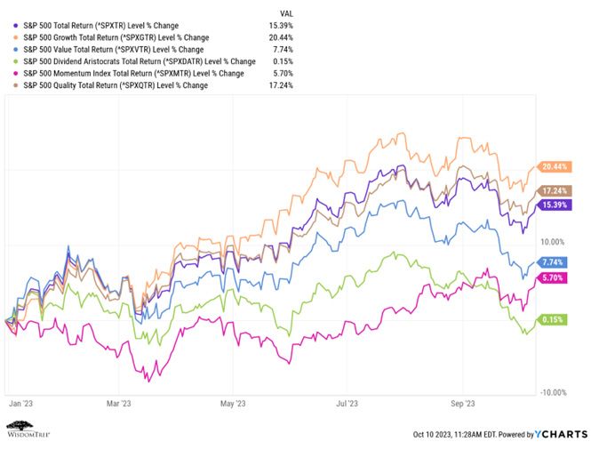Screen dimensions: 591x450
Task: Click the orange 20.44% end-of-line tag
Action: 554,166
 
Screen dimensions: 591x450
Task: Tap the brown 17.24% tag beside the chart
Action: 554,191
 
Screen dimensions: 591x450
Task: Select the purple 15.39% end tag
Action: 554,205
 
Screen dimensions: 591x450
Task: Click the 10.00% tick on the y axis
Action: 553,242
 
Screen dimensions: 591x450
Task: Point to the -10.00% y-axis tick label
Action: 554,393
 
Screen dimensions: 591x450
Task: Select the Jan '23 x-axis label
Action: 20,404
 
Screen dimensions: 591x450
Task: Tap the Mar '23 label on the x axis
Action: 119,404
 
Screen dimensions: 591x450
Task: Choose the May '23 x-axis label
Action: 233,404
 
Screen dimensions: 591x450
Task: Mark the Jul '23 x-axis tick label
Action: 347,404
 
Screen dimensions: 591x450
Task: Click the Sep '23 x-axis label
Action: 462,404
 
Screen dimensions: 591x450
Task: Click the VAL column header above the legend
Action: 286,13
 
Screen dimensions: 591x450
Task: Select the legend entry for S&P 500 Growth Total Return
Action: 116,37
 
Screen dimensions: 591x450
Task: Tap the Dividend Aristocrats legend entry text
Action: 140,61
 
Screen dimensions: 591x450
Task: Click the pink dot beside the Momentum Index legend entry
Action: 15,74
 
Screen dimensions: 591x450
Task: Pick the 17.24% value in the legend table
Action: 281,85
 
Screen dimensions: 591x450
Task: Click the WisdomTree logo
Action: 28,430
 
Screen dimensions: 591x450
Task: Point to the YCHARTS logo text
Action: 561,435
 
